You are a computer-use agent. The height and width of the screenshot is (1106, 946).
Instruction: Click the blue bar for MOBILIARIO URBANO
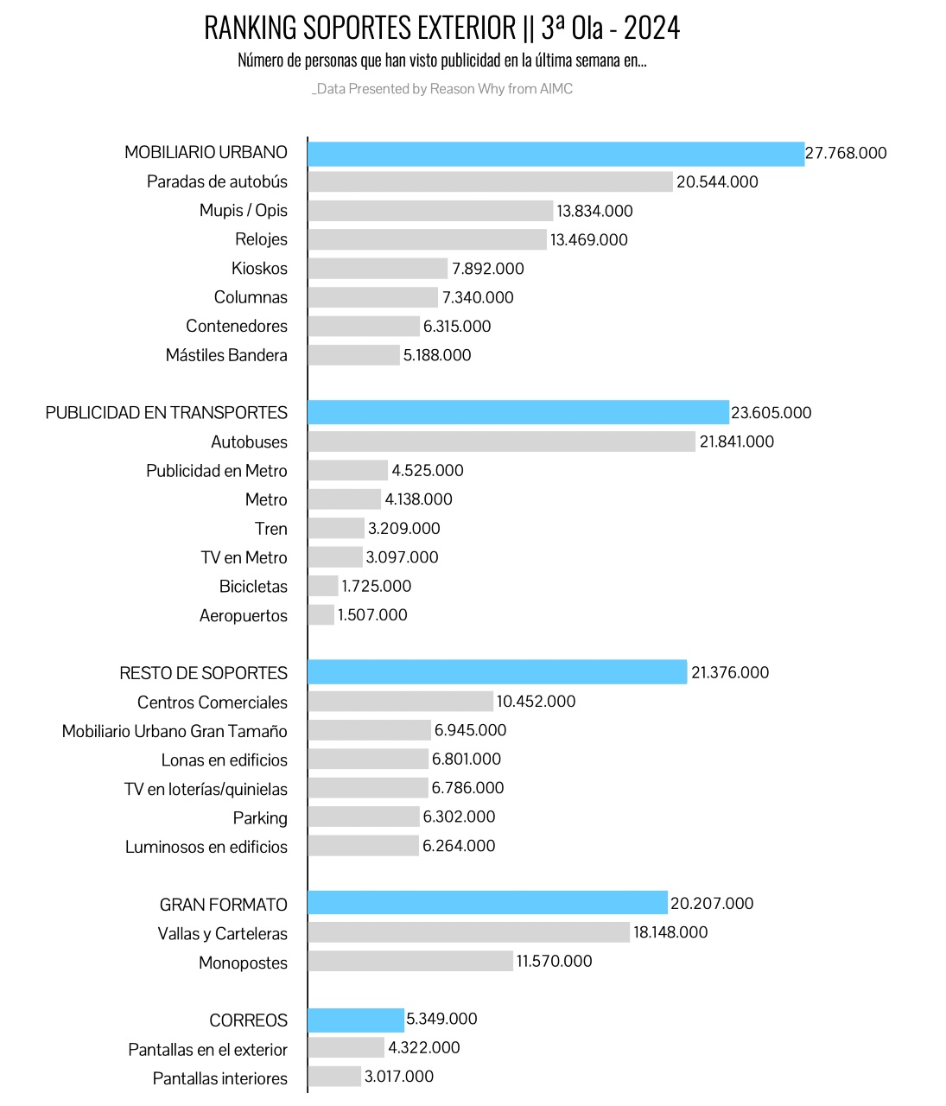556,154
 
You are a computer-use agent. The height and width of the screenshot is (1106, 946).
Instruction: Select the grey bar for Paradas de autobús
490,181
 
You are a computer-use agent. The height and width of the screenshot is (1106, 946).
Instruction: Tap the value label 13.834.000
594,211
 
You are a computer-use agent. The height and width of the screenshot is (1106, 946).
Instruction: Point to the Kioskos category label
259,268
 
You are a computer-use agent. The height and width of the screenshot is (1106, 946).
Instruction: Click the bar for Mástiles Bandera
353,355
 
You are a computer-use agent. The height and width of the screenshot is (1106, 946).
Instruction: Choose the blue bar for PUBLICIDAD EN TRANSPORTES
518,412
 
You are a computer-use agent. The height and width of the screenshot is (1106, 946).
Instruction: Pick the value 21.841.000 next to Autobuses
736,442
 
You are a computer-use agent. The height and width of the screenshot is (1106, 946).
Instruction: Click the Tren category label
270,529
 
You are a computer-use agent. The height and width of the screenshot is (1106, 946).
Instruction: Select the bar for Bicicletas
322,586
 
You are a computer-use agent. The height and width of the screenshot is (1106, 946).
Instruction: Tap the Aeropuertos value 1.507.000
371,615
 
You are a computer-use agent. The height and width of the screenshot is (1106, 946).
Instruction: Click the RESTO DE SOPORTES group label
203,672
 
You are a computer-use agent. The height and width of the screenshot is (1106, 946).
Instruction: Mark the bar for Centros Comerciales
400,701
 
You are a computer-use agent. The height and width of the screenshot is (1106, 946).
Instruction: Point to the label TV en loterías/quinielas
206,789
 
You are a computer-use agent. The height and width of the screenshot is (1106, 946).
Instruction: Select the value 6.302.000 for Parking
459,817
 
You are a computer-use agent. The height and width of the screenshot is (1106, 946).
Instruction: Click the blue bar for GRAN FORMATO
487,903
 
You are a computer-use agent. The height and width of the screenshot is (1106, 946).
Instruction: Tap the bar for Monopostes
410,961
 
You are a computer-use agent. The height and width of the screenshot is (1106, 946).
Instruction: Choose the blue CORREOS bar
355,1020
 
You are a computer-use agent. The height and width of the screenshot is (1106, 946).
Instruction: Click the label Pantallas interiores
220,1078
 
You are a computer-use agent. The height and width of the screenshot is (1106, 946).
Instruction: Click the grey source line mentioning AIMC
442,89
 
